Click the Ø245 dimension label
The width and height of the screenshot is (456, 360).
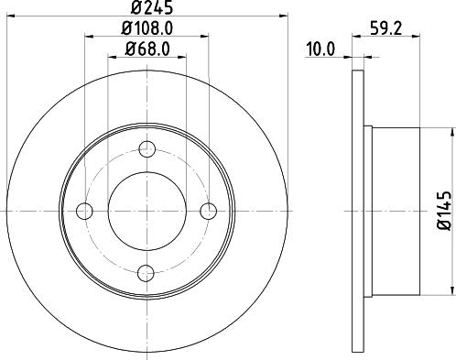152,7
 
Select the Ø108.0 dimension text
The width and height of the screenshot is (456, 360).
147,28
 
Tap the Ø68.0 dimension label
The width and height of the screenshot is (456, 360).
147,49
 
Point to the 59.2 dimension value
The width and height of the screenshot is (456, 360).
386,28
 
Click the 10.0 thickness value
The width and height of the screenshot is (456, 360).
320,49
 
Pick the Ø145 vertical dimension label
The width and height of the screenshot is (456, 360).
444,211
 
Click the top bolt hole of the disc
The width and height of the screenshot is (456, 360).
147,149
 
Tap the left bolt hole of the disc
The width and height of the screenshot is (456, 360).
84,211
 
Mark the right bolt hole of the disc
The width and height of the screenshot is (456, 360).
209,211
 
